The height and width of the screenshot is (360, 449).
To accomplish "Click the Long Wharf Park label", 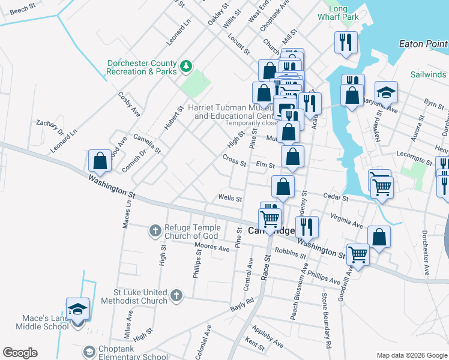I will click(x=338, y=13).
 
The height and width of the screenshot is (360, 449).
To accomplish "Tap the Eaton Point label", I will click(x=423, y=44).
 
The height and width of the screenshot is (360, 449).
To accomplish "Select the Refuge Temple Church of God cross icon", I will click(x=155, y=229).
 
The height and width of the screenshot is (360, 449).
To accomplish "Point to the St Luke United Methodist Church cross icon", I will click(x=176, y=295).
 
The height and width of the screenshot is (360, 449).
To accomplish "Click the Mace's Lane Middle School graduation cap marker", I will click(x=77, y=310).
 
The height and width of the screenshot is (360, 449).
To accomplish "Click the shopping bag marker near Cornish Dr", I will click(x=100, y=161).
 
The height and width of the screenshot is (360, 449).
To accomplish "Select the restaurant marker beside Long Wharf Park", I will click(x=346, y=43).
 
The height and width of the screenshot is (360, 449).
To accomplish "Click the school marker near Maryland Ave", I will click(x=386, y=93).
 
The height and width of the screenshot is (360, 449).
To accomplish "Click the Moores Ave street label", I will click(x=212, y=248).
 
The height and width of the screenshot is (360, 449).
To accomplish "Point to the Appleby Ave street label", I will click(x=268, y=338).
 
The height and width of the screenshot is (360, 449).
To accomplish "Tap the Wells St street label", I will click(x=230, y=198).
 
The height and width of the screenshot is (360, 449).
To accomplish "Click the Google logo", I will click(x=20, y=353).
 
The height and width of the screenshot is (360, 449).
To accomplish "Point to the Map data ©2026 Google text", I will click(x=411, y=355).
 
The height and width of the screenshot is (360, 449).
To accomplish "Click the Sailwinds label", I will click(x=429, y=74).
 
